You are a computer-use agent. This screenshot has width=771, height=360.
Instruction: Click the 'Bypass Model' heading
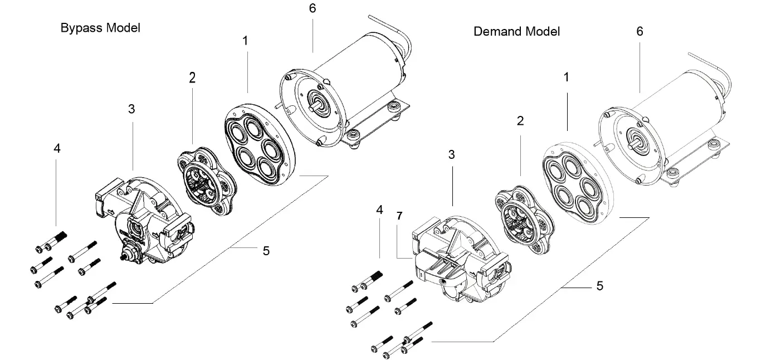[x=100, y=28]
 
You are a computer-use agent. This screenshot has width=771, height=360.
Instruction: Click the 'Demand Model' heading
[x=516, y=31]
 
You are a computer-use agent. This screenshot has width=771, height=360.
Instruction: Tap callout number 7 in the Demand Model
[x=398, y=215]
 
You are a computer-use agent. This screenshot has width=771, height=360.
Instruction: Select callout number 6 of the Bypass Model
[x=313, y=9]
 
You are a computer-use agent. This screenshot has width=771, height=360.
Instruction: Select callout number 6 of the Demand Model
[x=640, y=32]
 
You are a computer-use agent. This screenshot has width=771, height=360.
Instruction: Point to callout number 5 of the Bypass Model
[x=266, y=251]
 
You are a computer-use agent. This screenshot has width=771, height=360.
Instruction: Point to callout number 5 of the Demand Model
[x=599, y=286]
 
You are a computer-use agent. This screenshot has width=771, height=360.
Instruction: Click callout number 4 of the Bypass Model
[x=57, y=149]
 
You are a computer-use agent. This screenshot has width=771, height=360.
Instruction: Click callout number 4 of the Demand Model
[x=379, y=210]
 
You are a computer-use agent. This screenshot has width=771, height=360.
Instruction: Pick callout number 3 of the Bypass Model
[x=131, y=109]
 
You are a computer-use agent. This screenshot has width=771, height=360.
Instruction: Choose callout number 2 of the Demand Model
[x=520, y=121]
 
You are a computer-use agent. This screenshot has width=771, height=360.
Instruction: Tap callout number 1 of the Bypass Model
[x=245, y=41]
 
